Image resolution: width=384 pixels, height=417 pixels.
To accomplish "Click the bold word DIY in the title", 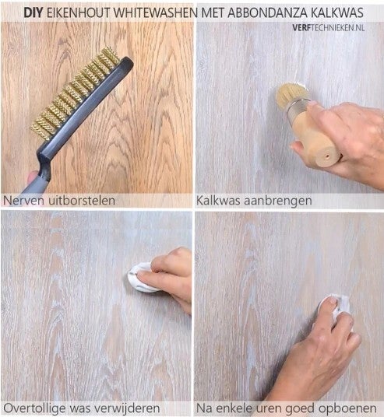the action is point(33,12).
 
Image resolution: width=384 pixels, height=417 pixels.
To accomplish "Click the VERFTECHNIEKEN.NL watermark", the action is point(329,28).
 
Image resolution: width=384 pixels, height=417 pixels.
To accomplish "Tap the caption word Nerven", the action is point(22,201).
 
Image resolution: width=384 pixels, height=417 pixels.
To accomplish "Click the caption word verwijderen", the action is point(129,408).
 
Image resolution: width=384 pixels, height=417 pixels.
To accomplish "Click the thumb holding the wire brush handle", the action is point(33,177).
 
